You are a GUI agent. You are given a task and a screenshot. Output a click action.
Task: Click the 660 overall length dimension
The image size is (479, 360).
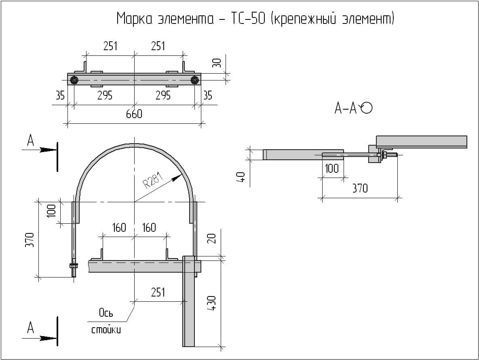point(134,114)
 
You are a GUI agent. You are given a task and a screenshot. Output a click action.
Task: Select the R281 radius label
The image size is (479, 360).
point(153,182)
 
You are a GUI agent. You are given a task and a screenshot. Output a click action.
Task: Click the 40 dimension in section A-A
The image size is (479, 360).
point(241,177)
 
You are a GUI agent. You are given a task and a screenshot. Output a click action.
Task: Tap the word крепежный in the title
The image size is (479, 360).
point(304,19)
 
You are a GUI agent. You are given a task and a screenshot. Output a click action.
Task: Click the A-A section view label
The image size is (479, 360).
point(346,108)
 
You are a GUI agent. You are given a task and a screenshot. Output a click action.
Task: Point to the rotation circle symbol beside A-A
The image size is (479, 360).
point(366,108)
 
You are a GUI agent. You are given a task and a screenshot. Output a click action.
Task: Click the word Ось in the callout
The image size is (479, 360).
point(106,313)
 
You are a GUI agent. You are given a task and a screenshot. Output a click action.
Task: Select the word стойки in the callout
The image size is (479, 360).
point(106,330)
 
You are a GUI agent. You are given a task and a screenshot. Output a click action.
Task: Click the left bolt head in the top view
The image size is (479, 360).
point(74,80)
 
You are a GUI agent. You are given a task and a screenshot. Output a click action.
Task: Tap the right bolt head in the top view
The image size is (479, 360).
point(195,80)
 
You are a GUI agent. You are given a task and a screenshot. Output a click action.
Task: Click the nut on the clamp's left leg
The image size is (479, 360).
point(74,266)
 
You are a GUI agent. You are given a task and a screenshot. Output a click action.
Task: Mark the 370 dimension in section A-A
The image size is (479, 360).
point(360,188)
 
